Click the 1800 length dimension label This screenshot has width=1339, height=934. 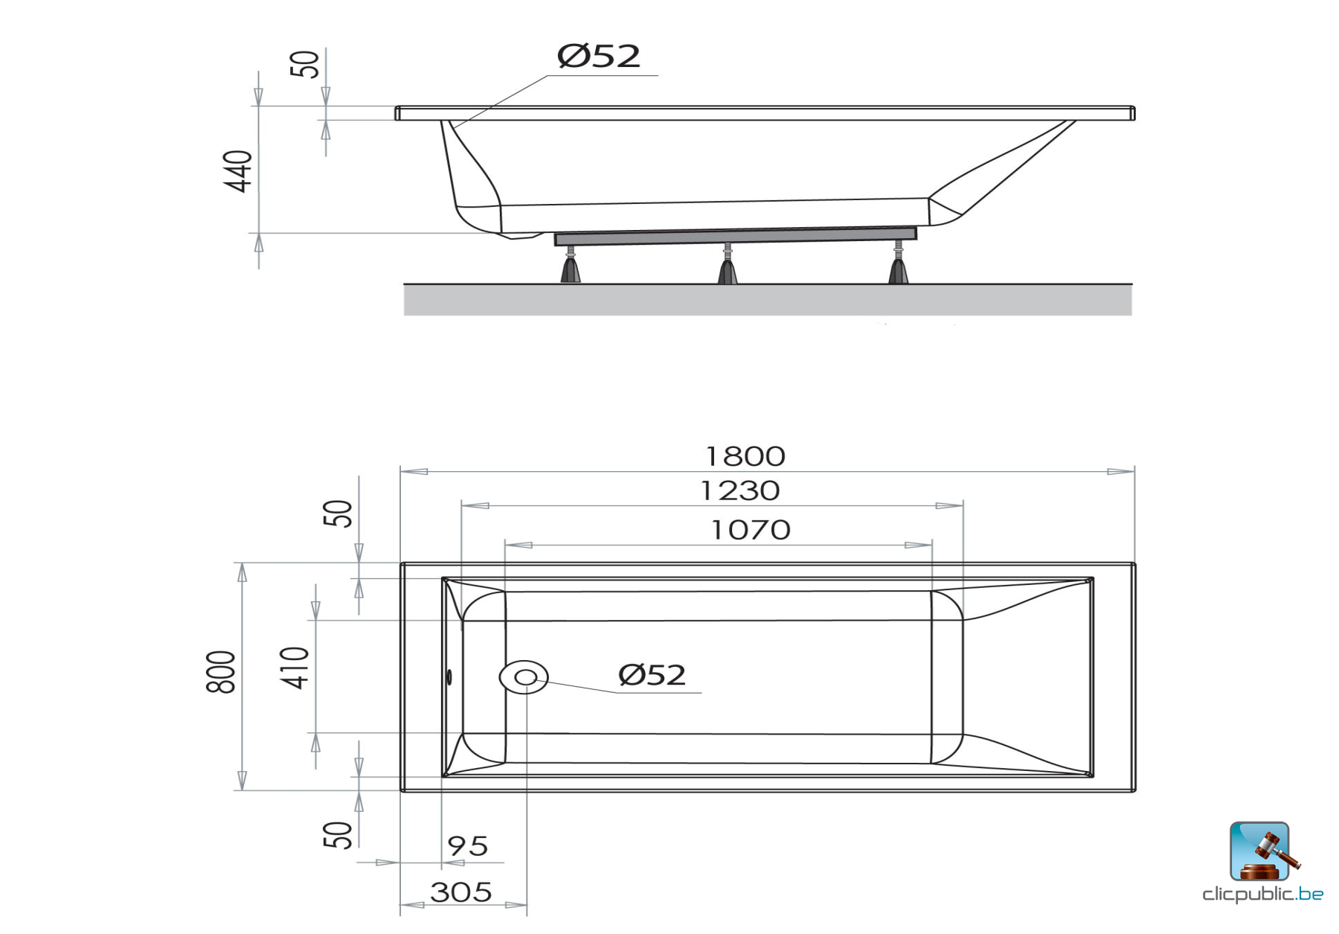coord(745,456)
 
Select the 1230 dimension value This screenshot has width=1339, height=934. coord(740,490)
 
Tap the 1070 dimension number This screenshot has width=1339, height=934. coord(750,530)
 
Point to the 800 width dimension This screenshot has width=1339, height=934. coord(221,672)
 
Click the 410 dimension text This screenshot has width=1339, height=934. coord(295,668)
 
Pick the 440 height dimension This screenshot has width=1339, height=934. coord(239,170)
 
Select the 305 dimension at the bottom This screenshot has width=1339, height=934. coord(461,892)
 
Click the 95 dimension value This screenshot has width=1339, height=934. coord(467,846)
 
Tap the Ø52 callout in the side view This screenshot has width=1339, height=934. coord(598,57)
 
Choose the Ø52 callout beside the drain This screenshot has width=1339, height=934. coord(652,675)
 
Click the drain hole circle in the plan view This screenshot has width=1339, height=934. coord(524,677)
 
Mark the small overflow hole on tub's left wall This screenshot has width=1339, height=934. coord(449,677)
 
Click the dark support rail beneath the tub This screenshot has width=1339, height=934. coord(735,237)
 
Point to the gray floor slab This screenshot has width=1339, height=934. coord(767,300)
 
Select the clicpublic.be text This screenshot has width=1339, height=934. coord(1262,894)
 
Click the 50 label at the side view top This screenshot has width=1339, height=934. coord(304,64)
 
